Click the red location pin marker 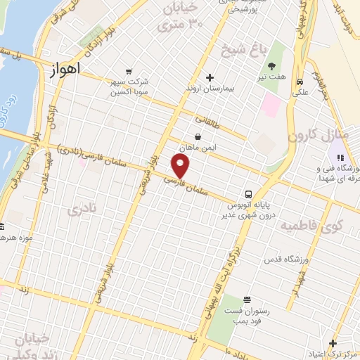point(181,167)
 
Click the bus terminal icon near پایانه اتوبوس point(249,194)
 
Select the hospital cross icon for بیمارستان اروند point(209,77)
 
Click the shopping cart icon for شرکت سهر point(128,71)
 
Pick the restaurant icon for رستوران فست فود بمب point(246,299)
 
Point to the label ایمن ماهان point(199,148)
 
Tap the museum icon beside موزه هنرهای point(2,227)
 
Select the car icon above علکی point(300,80)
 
